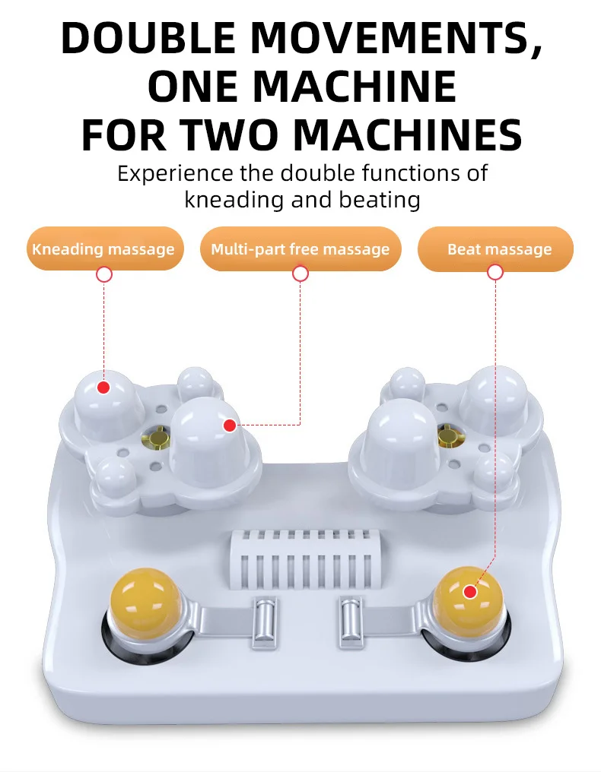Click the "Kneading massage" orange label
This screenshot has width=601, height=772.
[105, 248]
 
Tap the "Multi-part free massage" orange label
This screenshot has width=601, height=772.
[300, 248]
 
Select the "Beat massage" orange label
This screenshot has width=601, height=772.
[495, 248]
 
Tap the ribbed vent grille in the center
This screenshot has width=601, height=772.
[305, 559]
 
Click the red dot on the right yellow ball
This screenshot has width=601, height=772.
[470, 592]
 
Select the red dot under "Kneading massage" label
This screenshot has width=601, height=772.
[104, 274]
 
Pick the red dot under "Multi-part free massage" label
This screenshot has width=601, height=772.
[300, 274]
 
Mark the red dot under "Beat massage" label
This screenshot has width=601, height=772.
[495, 272]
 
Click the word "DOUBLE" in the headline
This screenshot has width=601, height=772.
[148, 38]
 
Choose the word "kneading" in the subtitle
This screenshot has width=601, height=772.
[234, 201]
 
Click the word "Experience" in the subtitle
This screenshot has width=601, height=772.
[175, 174]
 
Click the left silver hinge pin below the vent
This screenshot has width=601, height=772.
[264, 622]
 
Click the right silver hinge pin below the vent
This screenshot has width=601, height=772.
[351, 622]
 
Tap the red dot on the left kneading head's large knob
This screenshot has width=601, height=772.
[103, 388]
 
